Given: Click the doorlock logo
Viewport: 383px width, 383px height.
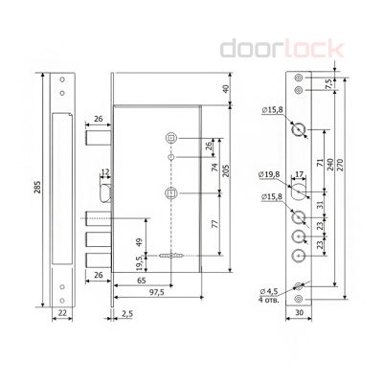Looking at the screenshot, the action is point(282,48).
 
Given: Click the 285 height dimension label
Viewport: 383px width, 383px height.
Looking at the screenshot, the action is point(37,188).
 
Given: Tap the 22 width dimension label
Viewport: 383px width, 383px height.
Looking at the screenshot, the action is point(62,312).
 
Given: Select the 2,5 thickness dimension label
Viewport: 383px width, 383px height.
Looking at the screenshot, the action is point(127,314).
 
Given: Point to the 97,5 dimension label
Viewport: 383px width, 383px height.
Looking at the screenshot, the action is point(156,292).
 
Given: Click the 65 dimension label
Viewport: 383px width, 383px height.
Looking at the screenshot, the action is point(142,281).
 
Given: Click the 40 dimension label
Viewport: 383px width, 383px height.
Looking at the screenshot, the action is point(226,89).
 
